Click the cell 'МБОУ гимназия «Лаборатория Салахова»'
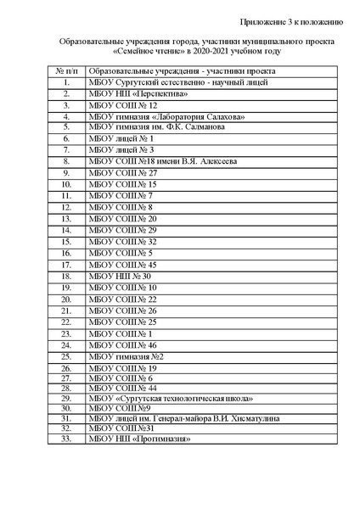[166, 116]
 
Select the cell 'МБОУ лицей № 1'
[120, 137]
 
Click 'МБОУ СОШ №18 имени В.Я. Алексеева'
[161, 160]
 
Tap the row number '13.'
[65, 218]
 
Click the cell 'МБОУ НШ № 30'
[119, 276]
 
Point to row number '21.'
[65, 310]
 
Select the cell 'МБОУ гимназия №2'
[126, 357]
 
